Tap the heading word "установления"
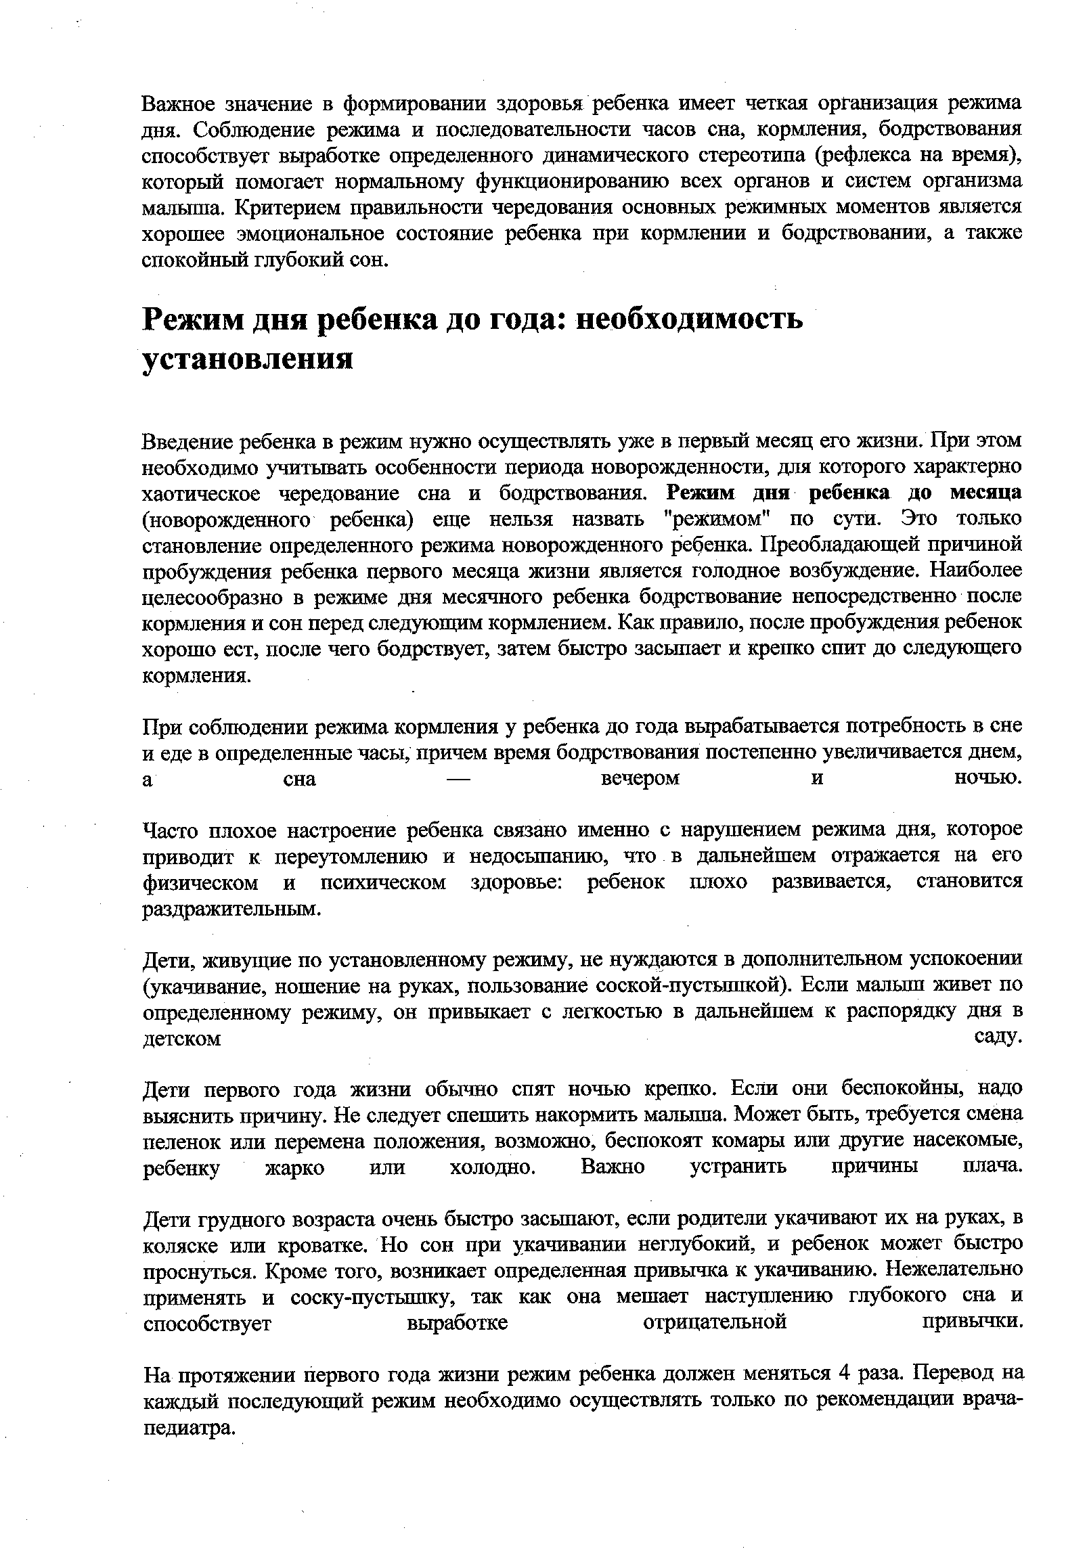tap(248, 359)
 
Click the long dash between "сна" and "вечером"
tap(459, 779)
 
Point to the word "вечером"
tap(640, 779)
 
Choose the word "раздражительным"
tap(229, 909)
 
